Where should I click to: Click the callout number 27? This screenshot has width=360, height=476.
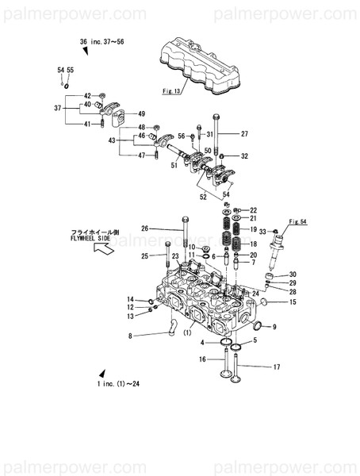click(244, 133)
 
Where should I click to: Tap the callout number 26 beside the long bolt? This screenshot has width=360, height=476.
click(145, 228)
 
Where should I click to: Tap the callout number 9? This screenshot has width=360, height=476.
click(274, 327)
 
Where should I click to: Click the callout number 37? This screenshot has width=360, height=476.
click(57, 108)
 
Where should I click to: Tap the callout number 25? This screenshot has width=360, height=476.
click(145, 255)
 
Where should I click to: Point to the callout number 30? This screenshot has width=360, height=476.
click(293, 274)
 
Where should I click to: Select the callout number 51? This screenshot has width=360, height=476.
click(174, 165)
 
